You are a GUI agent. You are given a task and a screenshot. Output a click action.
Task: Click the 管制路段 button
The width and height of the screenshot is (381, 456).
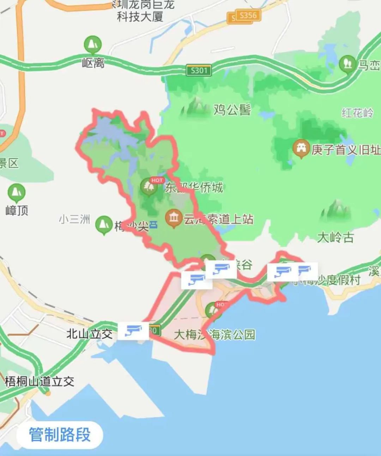[x=60, y=435]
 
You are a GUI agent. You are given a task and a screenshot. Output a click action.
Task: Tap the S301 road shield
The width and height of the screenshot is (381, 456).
[x=199, y=70]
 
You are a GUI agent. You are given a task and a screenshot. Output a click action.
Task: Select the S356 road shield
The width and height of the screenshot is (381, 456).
[x=248, y=15]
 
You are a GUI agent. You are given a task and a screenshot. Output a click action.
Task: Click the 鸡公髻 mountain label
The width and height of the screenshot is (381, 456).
[x=232, y=110]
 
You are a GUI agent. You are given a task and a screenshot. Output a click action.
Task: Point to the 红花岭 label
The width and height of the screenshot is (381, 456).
[x=357, y=113]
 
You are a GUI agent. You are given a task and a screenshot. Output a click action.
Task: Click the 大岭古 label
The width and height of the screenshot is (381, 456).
[x=335, y=237]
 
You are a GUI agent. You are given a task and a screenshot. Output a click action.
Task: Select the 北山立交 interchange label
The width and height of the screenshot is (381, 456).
[x=90, y=333]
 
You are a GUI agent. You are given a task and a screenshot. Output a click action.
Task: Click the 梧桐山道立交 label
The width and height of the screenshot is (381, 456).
[x=40, y=381]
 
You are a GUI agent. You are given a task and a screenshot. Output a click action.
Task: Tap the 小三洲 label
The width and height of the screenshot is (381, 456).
[x=74, y=220]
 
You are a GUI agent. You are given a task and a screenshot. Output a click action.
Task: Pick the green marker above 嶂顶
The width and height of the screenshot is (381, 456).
[x=16, y=192]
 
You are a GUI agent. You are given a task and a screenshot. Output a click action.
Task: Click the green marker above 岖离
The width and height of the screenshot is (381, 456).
[x=93, y=45]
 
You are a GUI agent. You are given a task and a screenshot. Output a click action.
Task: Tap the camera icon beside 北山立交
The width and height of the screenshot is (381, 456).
[x=133, y=331]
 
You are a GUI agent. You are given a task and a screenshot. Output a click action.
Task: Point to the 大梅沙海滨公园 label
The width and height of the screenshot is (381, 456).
[x=214, y=334]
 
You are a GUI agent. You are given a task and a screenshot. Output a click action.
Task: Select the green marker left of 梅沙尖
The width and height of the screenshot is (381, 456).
[x=104, y=224]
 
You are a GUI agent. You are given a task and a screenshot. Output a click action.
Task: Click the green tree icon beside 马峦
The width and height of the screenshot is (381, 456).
[x=347, y=64]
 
